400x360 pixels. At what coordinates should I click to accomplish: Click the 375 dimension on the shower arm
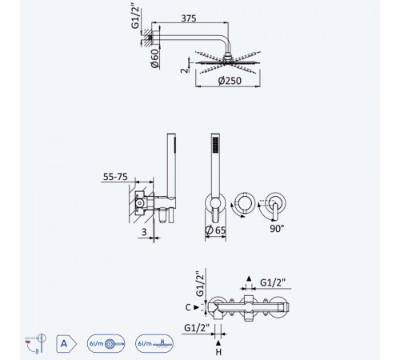pos(189,18)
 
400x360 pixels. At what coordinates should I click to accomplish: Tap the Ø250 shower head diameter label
pos(230,81)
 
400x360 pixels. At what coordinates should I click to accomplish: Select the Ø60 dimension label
pos(154,58)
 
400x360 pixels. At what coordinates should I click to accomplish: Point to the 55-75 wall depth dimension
pos(115,177)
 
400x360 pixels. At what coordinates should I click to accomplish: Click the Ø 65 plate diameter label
pos(215,230)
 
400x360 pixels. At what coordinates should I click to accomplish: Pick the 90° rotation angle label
pos(277,229)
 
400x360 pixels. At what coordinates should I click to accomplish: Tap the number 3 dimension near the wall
pos(144,232)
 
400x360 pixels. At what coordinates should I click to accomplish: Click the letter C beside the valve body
pos(188,307)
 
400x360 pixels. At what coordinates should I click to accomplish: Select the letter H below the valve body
pos(218,352)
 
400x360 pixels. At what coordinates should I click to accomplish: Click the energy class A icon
pos(66,344)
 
